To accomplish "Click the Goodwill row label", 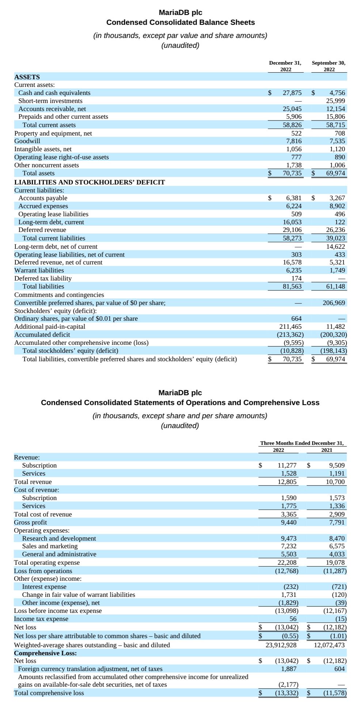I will (x=27, y=141).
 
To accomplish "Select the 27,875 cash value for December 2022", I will (x=292, y=93).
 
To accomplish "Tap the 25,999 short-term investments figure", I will (x=335, y=101).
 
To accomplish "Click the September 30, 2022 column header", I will (x=329, y=66).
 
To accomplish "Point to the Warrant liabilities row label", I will (x=39, y=270).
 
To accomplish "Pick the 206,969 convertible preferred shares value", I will (x=334, y=303).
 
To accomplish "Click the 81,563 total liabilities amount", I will (x=292, y=286).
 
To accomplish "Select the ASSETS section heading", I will (x=27, y=77).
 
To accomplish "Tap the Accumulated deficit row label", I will (x=42, y=335).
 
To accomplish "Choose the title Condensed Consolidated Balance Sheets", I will (x=181, y=22).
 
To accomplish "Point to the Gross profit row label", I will (x=30, y=522).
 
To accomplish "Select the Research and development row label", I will (x=59, y=538).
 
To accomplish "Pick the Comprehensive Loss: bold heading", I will (x=45, y=653).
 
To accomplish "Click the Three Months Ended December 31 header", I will (x=302, y=443).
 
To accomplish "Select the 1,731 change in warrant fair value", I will (x=289, y=595).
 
